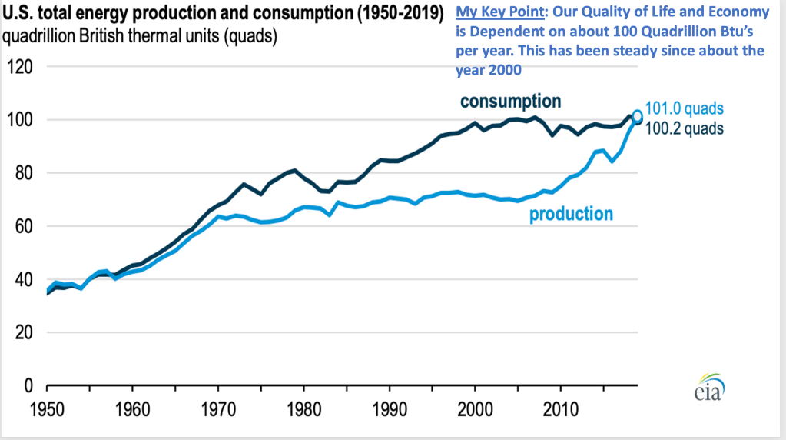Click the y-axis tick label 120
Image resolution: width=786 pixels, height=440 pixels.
click(22, 67)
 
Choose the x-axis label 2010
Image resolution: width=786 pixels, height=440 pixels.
click(561, 406)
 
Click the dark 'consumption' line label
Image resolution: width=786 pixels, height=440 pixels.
click(510, 102)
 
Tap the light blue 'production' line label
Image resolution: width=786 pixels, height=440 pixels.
click(571, 214)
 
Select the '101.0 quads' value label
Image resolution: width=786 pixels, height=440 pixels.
click(684, 109)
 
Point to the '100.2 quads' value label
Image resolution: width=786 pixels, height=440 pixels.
click(684, 128)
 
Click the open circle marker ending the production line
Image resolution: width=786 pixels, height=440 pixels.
click(637, 116)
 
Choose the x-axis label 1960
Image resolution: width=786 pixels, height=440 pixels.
click(131, 406)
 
